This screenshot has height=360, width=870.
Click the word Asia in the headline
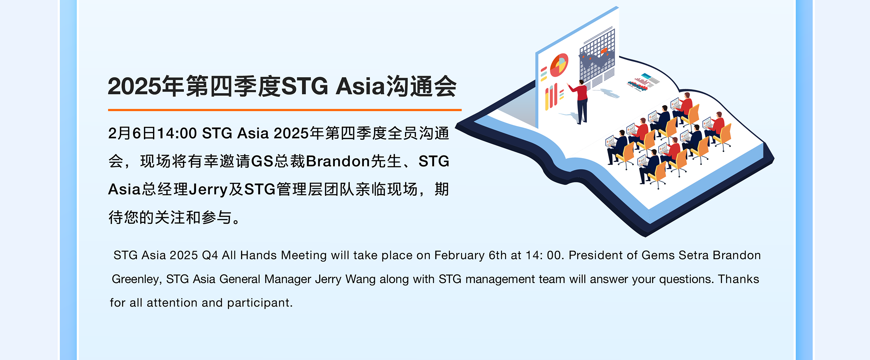[360, 86]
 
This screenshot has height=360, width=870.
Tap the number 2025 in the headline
[134, 87]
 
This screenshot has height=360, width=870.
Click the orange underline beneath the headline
[285, 109]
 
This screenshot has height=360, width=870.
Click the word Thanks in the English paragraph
[738, 279]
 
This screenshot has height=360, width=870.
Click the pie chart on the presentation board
[559, 65]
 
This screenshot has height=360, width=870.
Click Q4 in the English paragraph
[210, 255]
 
